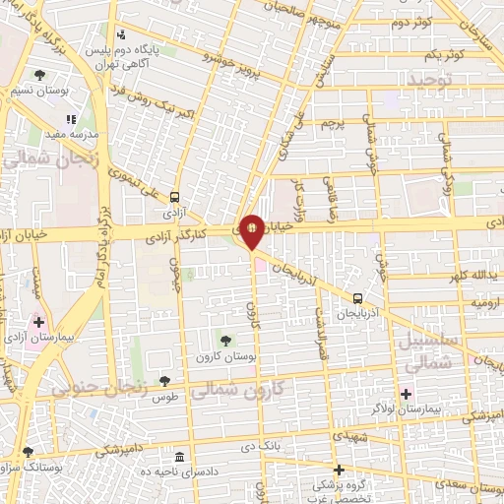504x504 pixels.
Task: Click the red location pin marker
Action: point(252,229)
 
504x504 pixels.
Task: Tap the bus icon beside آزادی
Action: point(174,196)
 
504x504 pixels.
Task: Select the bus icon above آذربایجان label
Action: point(357,297)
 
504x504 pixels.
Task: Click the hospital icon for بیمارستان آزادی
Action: point(38,321)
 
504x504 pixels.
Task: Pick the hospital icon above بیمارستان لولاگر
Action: point(406,393)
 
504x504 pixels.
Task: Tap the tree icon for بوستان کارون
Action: point(225,341)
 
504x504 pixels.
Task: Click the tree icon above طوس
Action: point(164,381)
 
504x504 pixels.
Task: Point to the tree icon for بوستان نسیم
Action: point(39,74)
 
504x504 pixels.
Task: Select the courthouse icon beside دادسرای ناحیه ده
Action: point(178,458)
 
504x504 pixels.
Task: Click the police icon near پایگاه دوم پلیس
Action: point(120,32)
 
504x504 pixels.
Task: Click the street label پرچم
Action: point(336,124)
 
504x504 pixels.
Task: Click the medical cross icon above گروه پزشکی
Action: point(339,470)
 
